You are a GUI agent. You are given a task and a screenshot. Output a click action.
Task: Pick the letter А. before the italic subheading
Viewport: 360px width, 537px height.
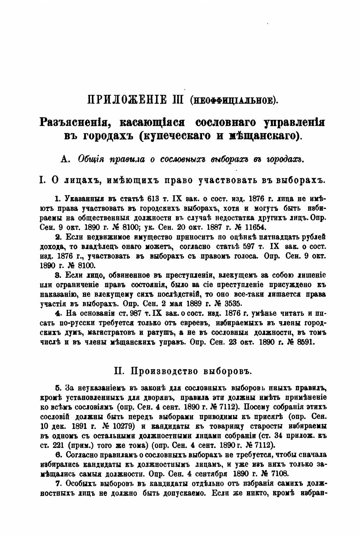[x=65, y=160]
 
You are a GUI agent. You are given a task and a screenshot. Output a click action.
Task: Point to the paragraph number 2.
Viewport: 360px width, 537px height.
[x=57, y=237]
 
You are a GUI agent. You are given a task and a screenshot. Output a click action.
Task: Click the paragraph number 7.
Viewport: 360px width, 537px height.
[x=57, y=484]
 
